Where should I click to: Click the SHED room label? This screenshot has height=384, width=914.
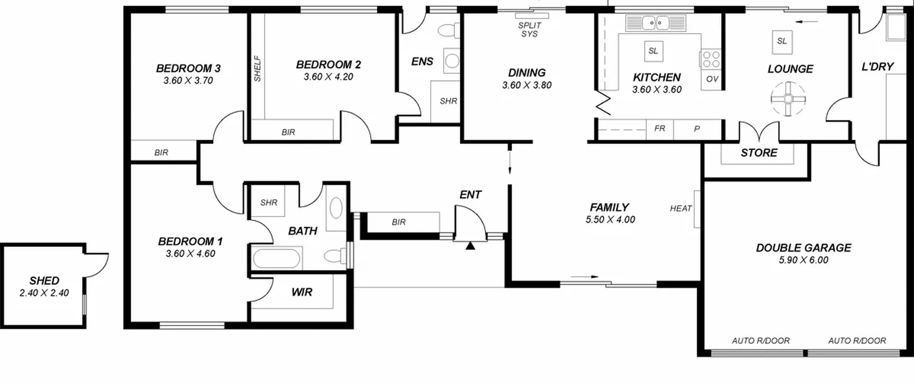click(x=44, y=281)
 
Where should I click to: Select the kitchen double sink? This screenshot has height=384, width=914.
click(x=656, y=23)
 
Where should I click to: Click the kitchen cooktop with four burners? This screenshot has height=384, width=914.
click(x=711, y=59)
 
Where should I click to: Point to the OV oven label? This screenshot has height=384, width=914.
click(x=712, y=79)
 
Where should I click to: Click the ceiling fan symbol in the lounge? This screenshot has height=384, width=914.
click(x=788, y=99)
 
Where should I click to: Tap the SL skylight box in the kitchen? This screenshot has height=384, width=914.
click(x=653, y=51)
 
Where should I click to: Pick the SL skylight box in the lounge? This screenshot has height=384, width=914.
click(x=782, y=41)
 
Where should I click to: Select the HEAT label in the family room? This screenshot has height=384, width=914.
click(x=681, y=208)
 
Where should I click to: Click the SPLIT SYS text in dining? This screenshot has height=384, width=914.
click(x=529, y=30)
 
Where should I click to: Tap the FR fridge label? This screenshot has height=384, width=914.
click(x=660, y=128)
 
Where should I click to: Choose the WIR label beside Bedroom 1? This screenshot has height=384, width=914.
click(x=302, y=292)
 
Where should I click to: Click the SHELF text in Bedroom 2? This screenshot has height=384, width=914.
click(x=257, y=68)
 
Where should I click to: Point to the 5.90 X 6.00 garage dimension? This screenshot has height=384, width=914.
click(x=803, y=260)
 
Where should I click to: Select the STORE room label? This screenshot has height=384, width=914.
click(x=759, y=153)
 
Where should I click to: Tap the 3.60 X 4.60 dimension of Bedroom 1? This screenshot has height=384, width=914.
click(x=190, y=254)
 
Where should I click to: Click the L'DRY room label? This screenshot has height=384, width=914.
click(x=878, y=67)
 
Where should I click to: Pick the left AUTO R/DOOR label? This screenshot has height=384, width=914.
click(x=761, y=341)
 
